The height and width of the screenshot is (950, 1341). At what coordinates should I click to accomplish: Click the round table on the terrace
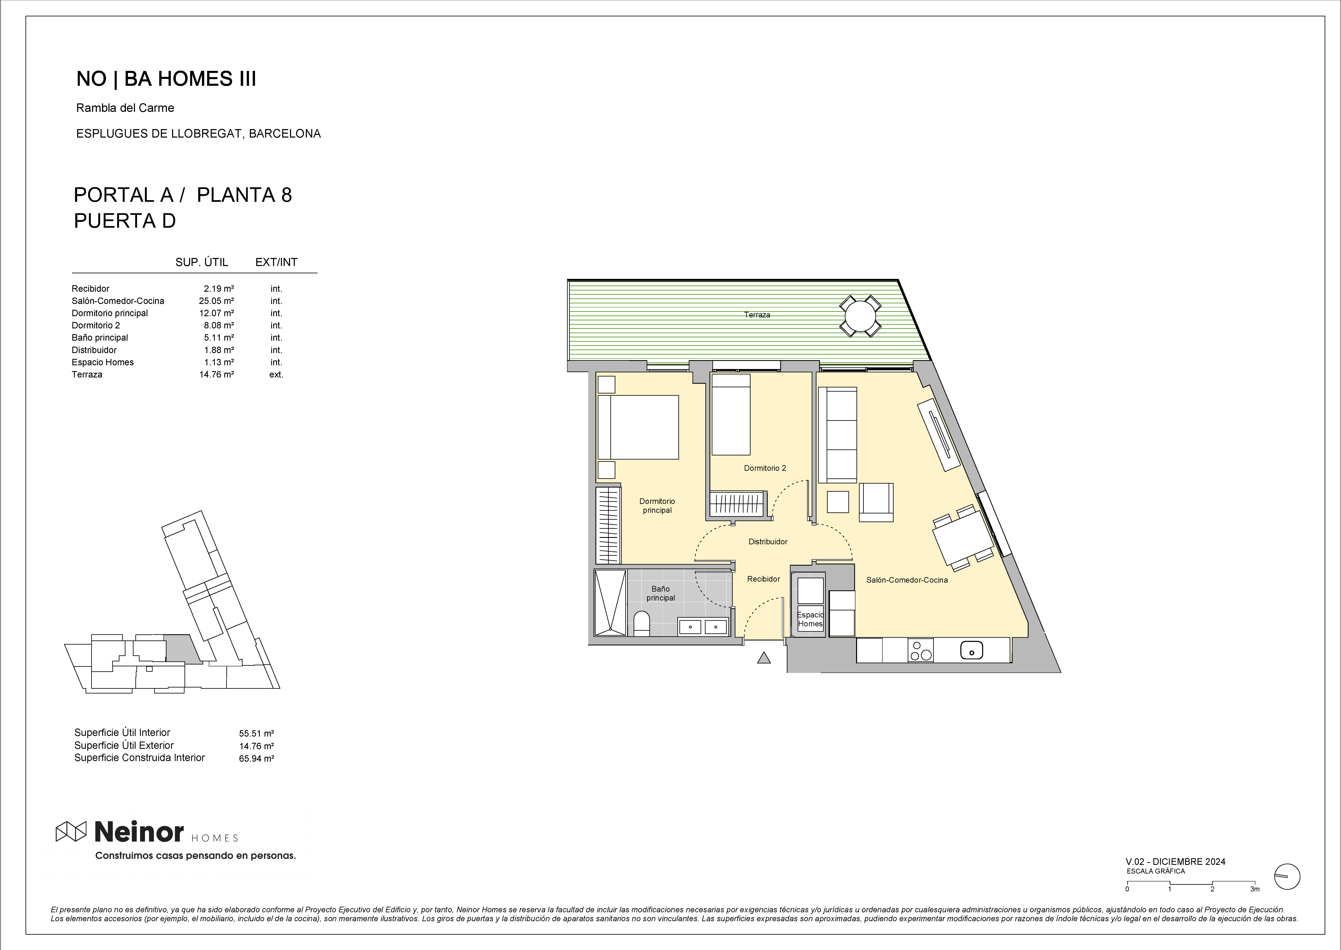[860, 316]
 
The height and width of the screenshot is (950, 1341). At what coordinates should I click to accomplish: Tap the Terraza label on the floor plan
[757, 315]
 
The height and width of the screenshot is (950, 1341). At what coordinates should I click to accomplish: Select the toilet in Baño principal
[641, 624]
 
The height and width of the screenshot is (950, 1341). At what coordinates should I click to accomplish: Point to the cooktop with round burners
[921, 650]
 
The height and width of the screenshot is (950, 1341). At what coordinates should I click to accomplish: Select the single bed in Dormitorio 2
[730, 414]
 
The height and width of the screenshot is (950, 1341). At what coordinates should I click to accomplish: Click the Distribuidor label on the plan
[768, 542]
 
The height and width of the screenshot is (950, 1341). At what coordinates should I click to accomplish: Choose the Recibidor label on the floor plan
[763, 579]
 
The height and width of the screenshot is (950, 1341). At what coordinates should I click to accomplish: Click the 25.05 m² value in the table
[217, 301]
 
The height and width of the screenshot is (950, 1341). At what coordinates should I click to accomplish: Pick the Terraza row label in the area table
[87, 374]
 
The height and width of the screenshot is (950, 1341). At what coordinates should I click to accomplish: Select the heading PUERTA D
[125, 221]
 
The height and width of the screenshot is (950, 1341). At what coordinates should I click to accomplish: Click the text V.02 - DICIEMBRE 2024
[1175, 862]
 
